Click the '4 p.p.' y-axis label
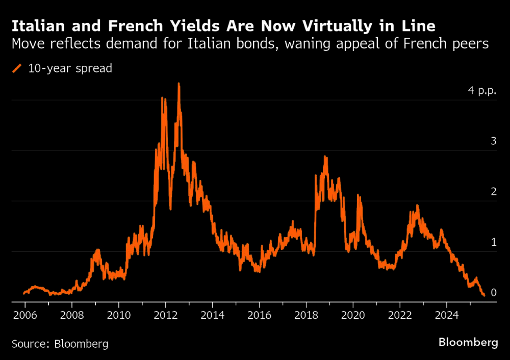(x=482, y=91)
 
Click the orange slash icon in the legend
(x=17, y=68)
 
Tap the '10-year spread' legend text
(x=70, y=68)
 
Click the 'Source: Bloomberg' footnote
(x=60, y=344)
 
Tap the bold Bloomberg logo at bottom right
(x=468, y=343)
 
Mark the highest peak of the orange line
(x=178, y=84)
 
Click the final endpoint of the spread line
(x=483, y=295)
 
